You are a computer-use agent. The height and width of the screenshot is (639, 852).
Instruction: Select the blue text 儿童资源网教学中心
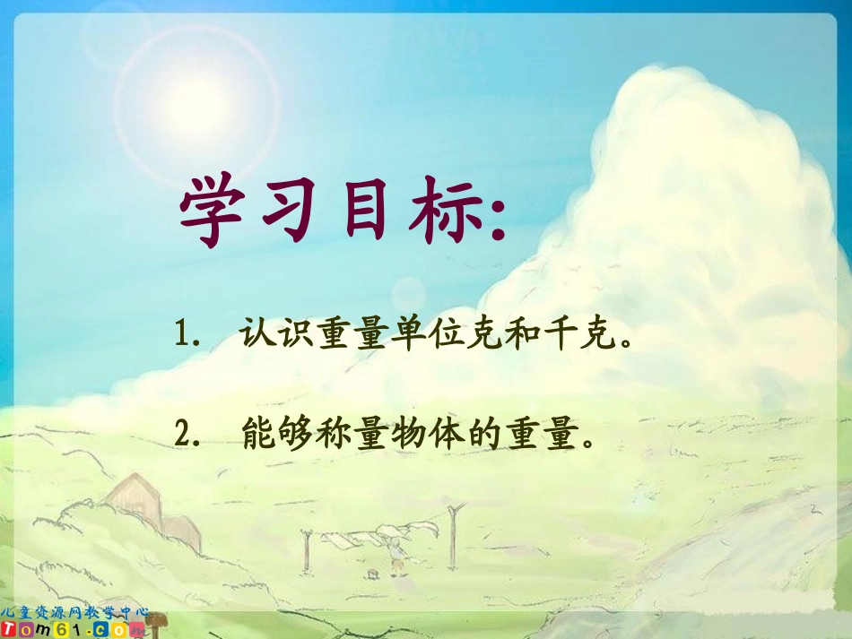(x=75, y=611)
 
